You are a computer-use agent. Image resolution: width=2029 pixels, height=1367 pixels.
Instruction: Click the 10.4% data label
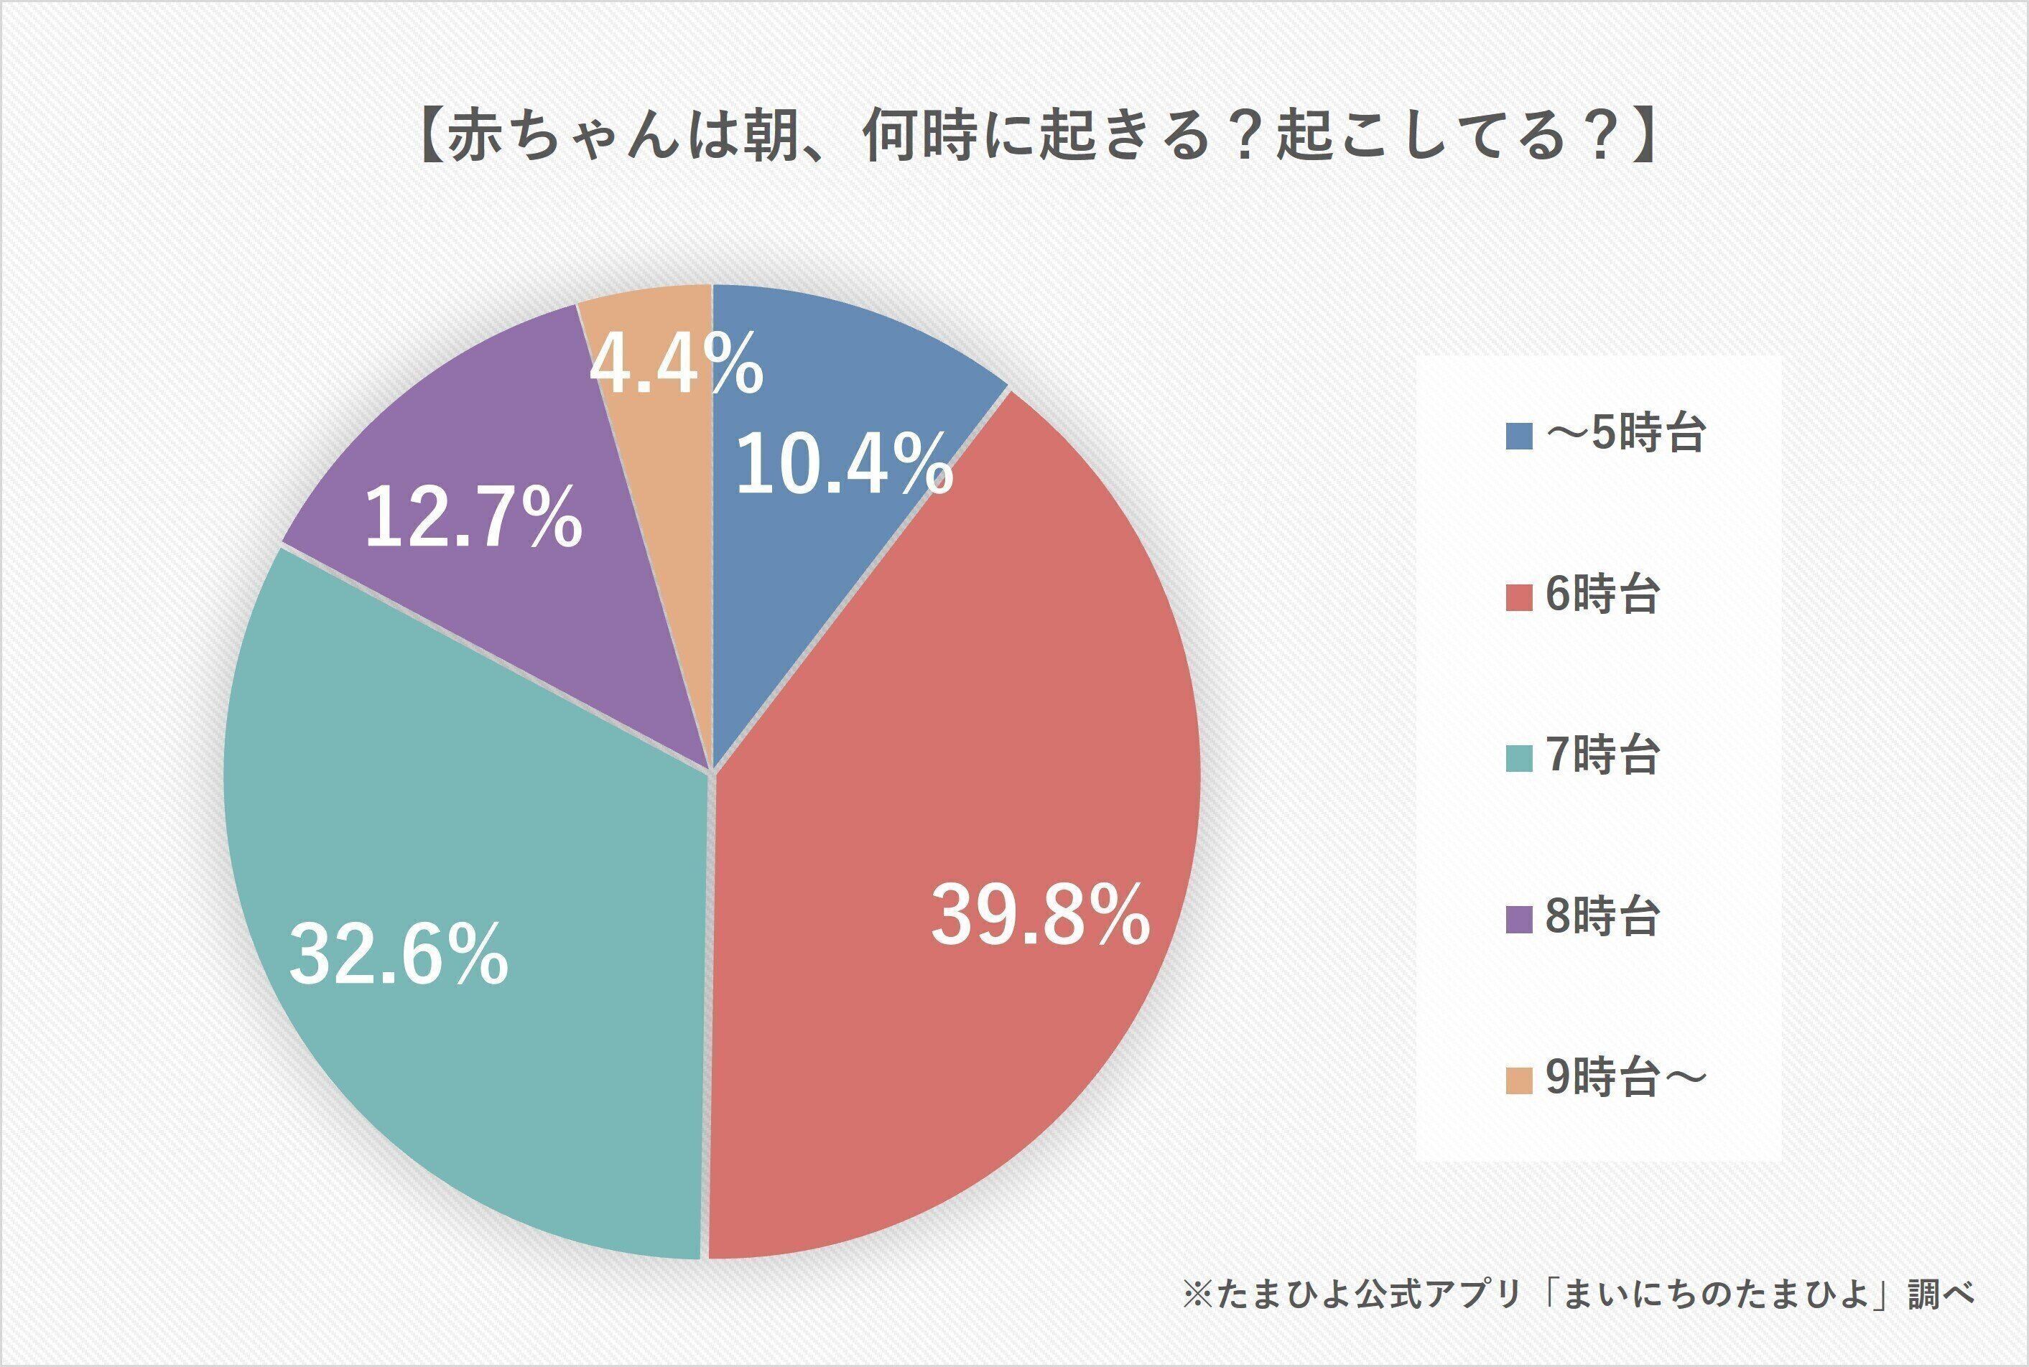(844, 465)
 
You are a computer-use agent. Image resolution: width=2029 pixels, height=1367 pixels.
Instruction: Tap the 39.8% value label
(1039, 915)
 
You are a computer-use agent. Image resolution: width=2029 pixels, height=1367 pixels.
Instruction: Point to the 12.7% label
(473, 518)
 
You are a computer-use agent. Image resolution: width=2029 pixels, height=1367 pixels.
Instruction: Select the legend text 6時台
(1602, 595)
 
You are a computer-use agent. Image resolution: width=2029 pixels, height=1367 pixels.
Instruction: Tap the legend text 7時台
(1602, 756)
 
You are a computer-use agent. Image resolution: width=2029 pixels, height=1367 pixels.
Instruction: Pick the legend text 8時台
(1602, 917)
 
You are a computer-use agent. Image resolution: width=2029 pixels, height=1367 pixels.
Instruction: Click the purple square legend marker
(1519, 919)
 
